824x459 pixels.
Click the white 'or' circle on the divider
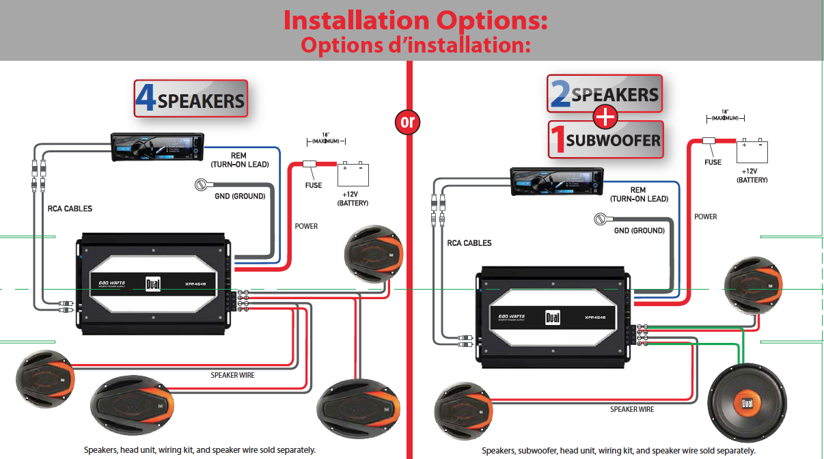407,122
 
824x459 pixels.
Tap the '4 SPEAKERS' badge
191,99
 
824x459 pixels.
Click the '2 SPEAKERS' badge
605,94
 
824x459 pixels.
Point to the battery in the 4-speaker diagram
353,174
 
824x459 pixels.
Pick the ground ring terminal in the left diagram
202,185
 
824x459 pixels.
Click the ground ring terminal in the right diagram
601,219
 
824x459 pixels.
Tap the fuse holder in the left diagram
311,164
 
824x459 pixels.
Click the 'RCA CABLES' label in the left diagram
70,208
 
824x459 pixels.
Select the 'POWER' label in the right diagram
706,217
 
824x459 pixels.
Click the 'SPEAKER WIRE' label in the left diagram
233,375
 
